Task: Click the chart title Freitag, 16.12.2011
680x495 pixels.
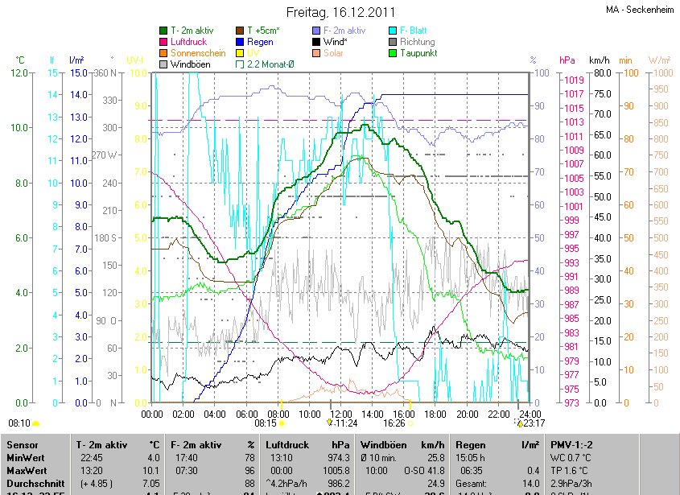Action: (x=340, y=13)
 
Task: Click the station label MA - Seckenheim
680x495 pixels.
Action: (x=639, y=10)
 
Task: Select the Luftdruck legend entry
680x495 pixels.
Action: (x=189, y=42)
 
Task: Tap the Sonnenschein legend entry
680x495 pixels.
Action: (x=198, y=53)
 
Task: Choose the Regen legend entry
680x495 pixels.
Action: (x=259, y=42)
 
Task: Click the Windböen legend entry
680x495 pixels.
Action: (x=190, y=64)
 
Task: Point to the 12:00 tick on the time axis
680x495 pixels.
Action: (x=340, y=414)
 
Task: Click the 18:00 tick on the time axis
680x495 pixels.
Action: (x=435, y=414)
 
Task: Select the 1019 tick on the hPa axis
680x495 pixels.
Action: (x=573, y=80)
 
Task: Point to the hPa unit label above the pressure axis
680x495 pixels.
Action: (x=567, y=60)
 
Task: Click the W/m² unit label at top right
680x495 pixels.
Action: (x=658, y=60)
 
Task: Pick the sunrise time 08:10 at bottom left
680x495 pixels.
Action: (x=19, y=423)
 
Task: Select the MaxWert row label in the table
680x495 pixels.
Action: (x=25, y=471)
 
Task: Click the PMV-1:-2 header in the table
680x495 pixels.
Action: (x=571, y=445)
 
